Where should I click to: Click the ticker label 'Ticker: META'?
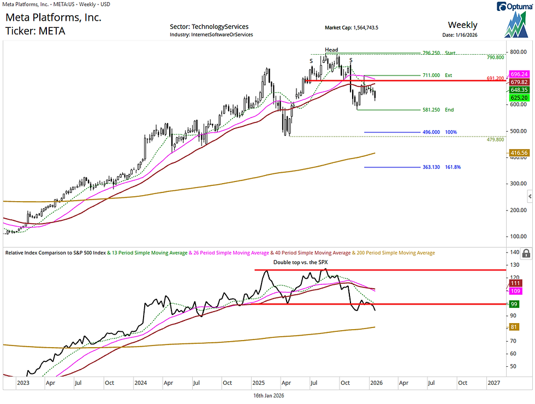(x=35, y=31)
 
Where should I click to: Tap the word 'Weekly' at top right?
(x=462, y=25)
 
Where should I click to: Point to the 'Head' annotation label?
(x=331, y=50)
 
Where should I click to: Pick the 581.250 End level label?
(x=438, y=110)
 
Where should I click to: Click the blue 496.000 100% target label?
(x=439, y=132)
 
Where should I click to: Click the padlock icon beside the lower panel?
(x=526, y=253)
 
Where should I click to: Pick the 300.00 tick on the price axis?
(x=518, y=184)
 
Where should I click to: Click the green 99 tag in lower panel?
(x=514, y=304)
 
